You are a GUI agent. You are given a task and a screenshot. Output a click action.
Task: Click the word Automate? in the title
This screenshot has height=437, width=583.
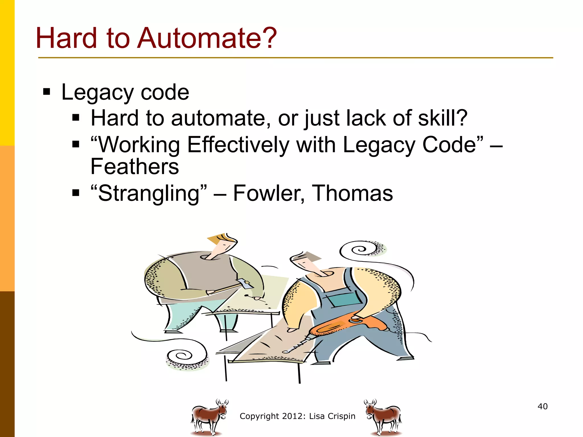coord(207,38)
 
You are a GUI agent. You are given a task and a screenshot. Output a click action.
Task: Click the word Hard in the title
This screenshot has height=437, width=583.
coord(66,38)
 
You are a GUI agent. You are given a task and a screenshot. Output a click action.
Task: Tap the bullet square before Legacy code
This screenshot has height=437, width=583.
coord(47,92)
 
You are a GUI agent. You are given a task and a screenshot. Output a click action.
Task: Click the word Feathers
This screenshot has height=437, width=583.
coord(135,167)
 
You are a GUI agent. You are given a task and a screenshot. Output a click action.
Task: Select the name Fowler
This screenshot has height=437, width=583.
coord(269,193)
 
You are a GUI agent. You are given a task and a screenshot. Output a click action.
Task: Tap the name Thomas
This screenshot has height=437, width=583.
coord(352,193)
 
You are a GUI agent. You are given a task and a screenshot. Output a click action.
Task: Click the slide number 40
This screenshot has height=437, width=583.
coord(543,406)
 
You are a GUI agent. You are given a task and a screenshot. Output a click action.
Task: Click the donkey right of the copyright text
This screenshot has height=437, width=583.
coord(383,417)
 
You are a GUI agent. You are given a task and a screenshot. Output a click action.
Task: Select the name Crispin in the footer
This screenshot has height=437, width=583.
coord(342,416)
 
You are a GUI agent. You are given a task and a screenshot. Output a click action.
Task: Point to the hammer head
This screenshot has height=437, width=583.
coord(245,284)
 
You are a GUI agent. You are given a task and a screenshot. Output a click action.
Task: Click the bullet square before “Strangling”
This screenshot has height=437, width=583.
coord(76,193)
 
